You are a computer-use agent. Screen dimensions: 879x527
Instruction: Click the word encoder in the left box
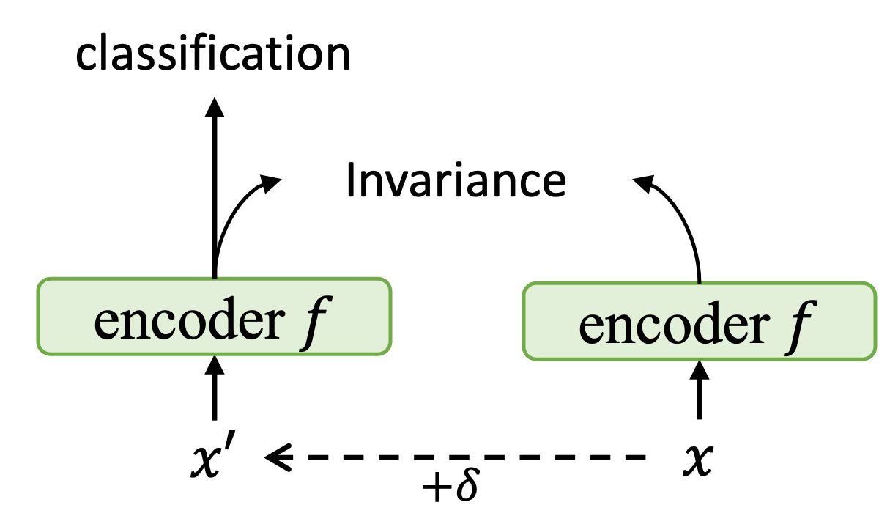[189, 322]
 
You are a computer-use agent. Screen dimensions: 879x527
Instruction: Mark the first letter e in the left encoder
[107, 324]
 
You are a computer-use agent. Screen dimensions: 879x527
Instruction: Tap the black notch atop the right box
[699, 280]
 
